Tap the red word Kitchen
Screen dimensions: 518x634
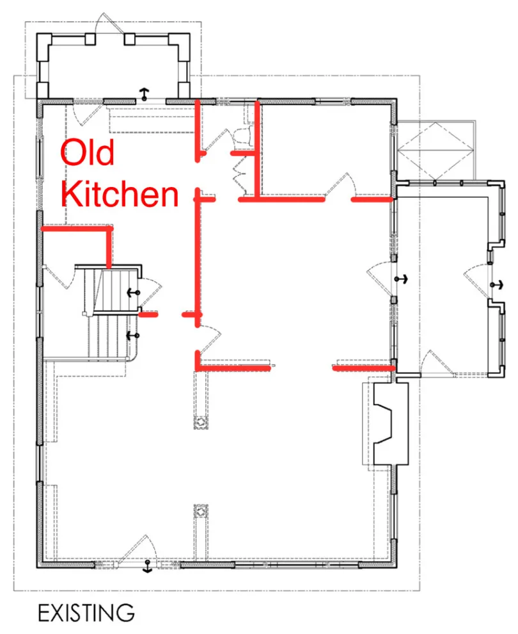tap(120, 194)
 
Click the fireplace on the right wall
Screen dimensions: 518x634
tap(390, 424)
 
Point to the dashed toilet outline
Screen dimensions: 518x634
tap(242, 135)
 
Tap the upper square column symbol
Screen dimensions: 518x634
tap(201, 422)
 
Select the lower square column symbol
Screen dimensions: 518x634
tap(201, 512)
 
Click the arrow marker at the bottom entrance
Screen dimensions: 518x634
tap(147, 567)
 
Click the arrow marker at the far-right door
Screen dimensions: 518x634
tap(497, 284)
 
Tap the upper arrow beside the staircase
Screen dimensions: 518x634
tap(133, 292)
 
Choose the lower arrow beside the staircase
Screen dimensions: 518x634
tap(133, 335)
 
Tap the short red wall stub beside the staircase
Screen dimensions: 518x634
tap(148, 314)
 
